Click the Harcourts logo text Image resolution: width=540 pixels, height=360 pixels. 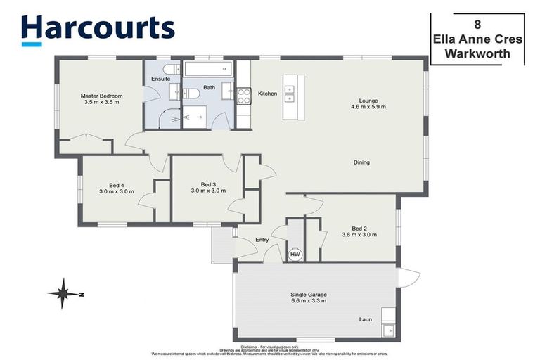(97, 28)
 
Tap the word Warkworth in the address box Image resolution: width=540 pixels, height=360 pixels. (477, 53)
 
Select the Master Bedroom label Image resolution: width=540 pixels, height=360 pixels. (101, 96)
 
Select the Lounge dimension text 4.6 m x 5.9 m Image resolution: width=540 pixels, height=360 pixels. (368, 107)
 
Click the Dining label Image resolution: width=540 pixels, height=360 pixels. (361, 162)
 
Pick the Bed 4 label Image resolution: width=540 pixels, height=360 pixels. (116, 185)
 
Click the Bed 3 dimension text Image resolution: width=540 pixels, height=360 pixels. (207, 191)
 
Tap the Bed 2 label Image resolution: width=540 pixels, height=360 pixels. (359, 228)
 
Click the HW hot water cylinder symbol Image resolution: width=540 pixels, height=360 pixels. (295, 254)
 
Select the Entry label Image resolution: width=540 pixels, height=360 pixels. (262, 240)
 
